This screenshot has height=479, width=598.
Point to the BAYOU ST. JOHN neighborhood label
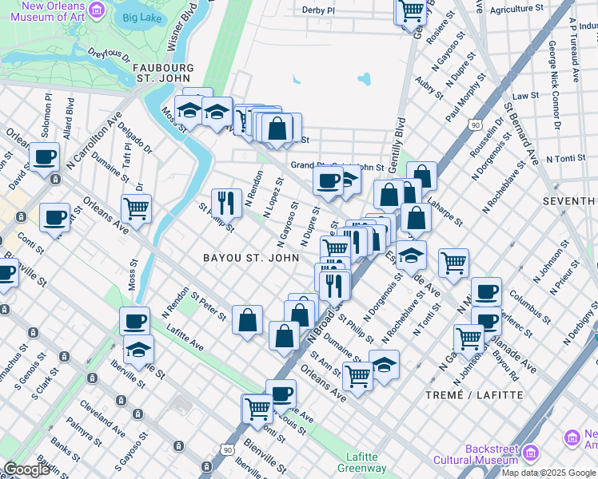(x=251, y=258)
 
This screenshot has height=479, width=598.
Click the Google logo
(x=26, y=469)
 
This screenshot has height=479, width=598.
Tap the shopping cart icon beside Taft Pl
(x=137, y=208)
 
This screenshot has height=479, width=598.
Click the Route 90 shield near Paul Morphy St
(x=476, y=125)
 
